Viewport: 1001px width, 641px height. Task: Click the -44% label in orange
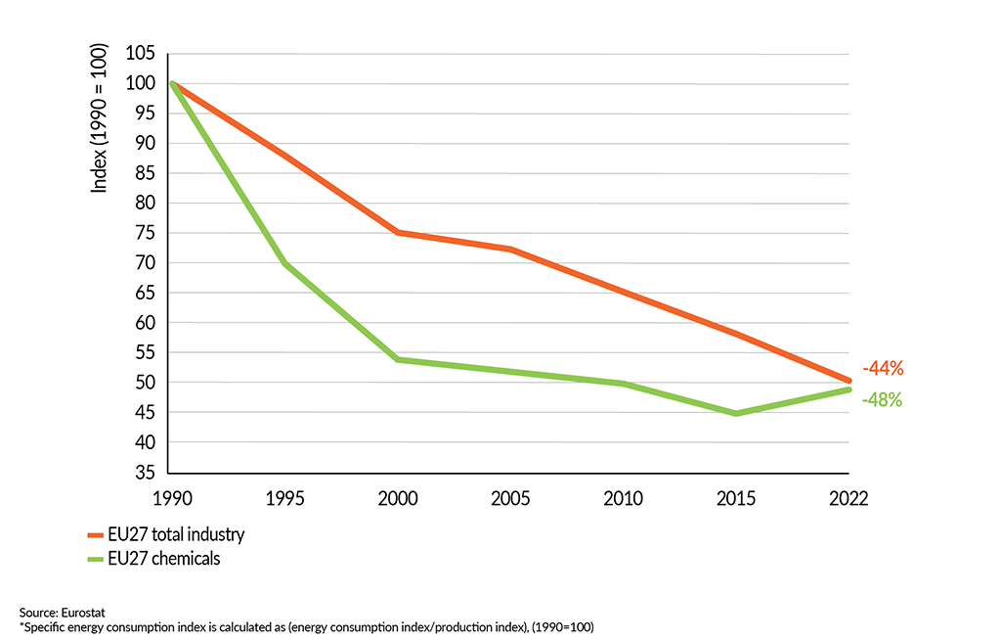click(x=883, y=369)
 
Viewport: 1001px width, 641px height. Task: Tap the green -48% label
click(x=882, y=399)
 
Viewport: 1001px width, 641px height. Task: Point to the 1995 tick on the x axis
click(x=284, y=498)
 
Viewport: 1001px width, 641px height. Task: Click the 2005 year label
click(x=510, y=498)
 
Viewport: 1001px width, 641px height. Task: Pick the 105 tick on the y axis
click(x=141, y=54)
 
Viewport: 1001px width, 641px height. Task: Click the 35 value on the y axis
click(x=146, y=473)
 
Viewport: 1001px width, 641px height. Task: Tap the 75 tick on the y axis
click(x=146, y=233)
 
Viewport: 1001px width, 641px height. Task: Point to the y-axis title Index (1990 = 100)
click(x=100, y=118)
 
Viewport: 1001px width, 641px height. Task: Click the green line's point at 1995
click(x=284, y=263)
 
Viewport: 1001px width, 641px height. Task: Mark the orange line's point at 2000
click(x=398, y=233)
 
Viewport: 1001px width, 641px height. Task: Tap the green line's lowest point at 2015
click(x=736, y=413)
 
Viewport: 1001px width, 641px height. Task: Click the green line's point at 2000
click(x=398, y=359)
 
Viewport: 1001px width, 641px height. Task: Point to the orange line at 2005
click(x=510, y=250)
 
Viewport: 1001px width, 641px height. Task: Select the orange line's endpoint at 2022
click(x=849, y=381)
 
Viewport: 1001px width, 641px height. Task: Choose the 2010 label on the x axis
click(x=624, y=498)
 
